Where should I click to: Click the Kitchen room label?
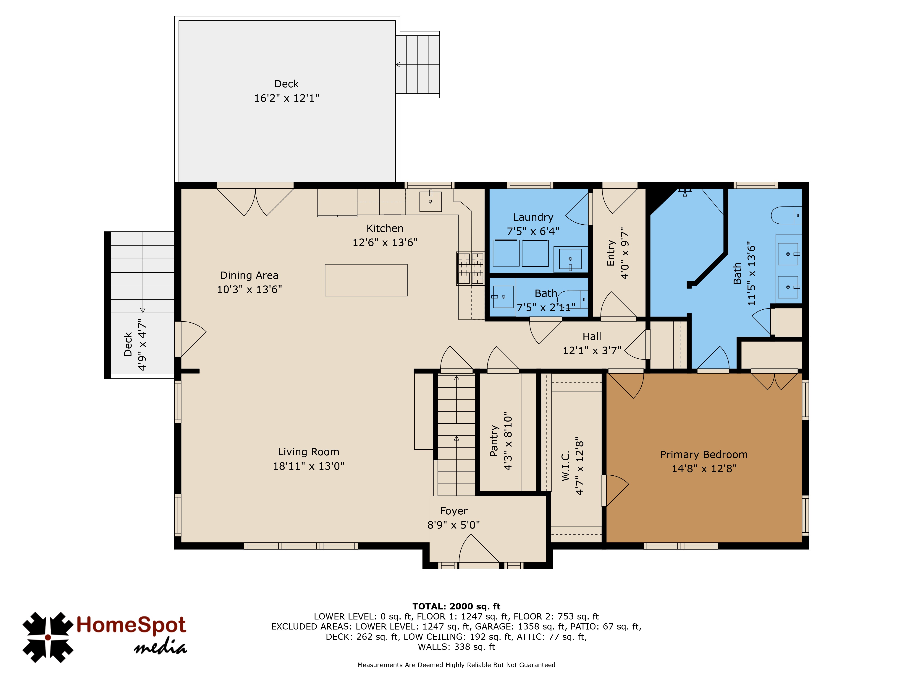pos(385,228)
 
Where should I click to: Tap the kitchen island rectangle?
pos(366,280)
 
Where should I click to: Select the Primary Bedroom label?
pos(704,455)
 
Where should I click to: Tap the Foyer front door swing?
pos(479,548)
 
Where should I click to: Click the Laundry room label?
pos(533,217)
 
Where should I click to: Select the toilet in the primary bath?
pos(786,215)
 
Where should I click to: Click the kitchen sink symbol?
pos(430,201)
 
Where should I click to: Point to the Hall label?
pos(592,337)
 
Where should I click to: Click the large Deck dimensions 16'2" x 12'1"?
pos(286,98)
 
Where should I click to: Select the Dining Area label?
pos(249,275)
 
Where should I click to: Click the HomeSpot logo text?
pos(131,625)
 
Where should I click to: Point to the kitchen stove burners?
pos(470,268)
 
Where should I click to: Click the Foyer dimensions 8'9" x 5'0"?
pos(454,525)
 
